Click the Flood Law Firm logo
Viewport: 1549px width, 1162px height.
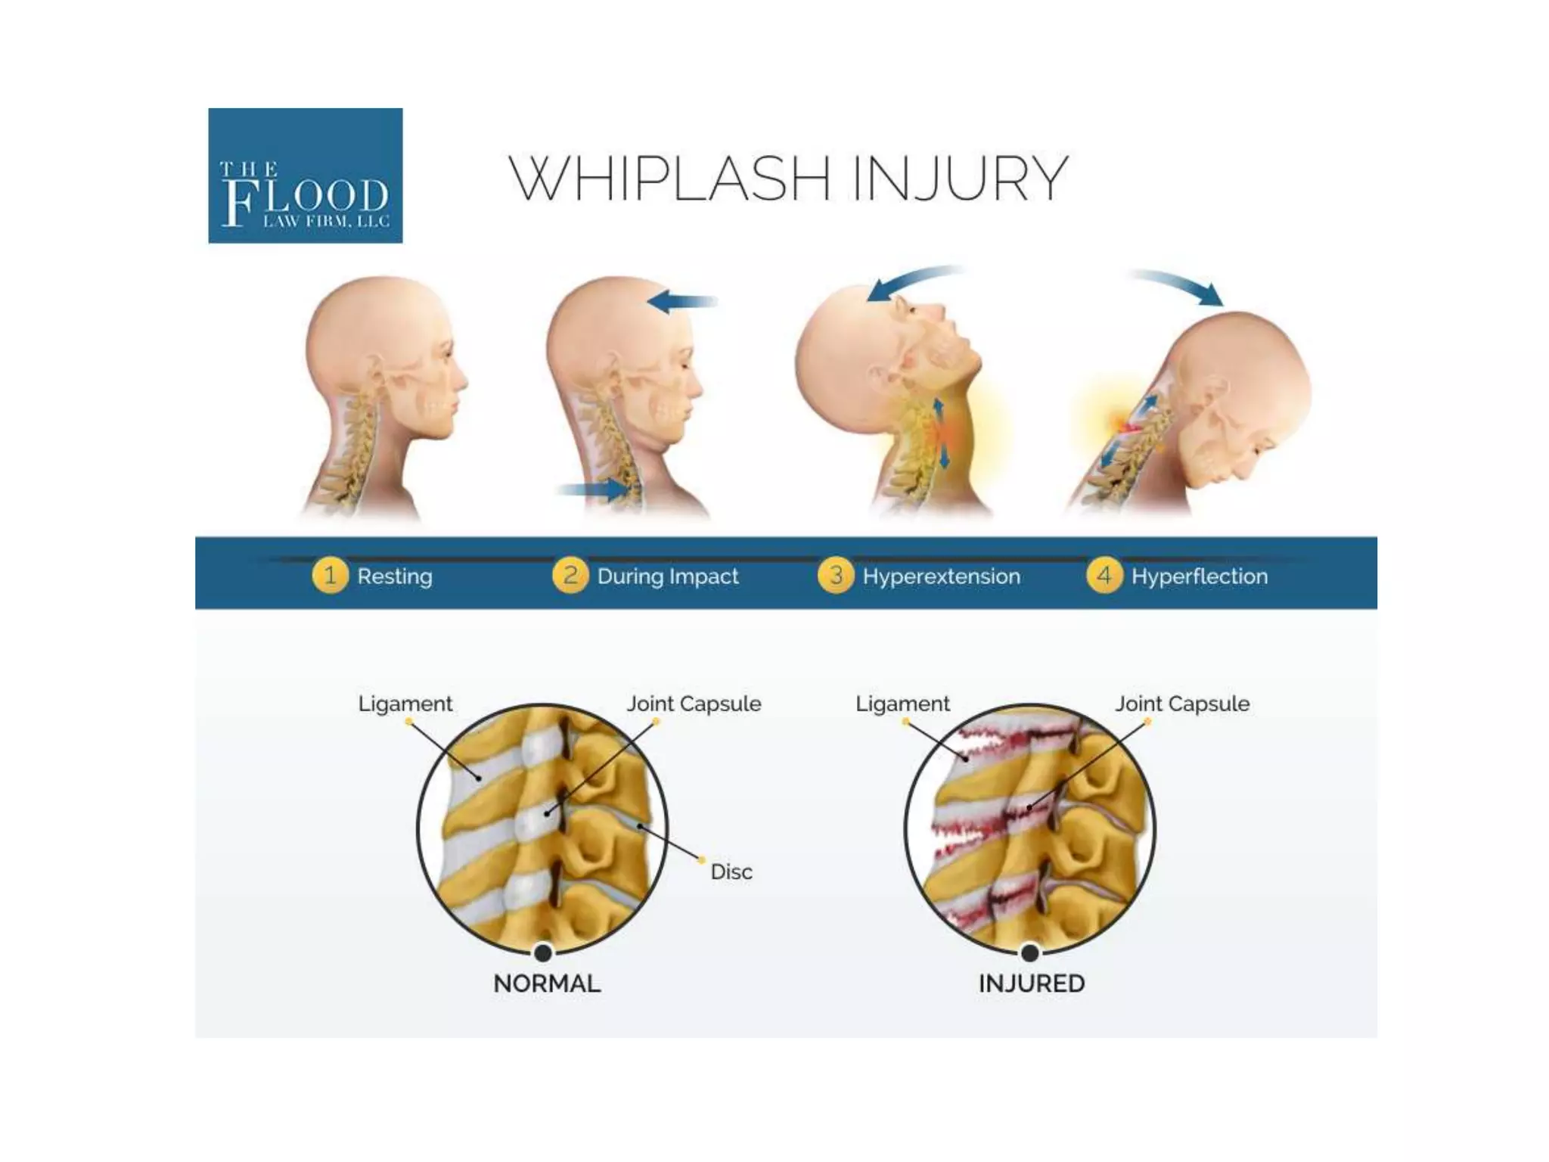coord(305,176)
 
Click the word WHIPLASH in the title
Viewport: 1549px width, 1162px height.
coord(670,179)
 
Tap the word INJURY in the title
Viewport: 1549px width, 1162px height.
coord(960,179)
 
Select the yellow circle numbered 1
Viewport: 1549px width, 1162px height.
coord(330,576)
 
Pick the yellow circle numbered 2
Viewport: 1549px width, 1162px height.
coord(570,576)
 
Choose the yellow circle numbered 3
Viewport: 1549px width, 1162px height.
coord(835,576)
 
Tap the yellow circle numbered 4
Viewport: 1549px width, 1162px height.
coord(1104,576)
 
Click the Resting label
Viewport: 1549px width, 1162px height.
coord(395,576)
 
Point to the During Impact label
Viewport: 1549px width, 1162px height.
coord(668,576)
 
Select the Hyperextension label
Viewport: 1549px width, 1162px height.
coord(942,576)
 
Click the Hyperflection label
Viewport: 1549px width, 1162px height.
coord(1200,576)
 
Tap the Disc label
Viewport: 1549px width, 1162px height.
coord(731,872)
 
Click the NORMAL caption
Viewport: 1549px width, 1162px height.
coord(547,983)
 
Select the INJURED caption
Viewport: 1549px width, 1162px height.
coord(1032,983)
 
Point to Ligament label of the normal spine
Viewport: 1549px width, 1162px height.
coord(405,704)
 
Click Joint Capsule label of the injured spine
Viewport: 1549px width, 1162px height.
coord(1182,704)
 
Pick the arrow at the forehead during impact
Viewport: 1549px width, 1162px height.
coord(681,302)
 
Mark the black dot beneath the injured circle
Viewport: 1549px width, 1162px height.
coord(1029,952)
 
